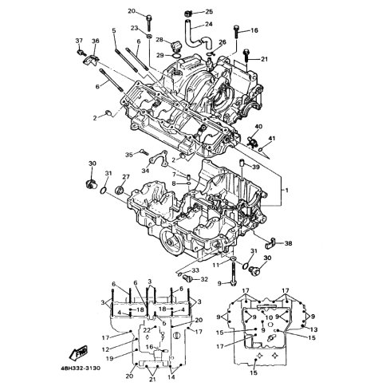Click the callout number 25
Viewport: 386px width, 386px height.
(x=209, y=12)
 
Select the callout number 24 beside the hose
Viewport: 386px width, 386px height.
(x=209, y=24)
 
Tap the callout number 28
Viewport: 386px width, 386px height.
(x=167, y=40)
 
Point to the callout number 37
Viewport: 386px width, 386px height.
(x=79, y=41)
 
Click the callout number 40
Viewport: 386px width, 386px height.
(x=258, y=126)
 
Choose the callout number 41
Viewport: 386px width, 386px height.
(x=272, y=138)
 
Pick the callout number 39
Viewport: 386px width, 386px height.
(x=256, y=167)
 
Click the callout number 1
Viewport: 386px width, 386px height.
(x=287, y=191)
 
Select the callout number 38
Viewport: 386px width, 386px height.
(x=288, y=243)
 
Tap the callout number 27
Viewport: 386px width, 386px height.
(x=126, y=177)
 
